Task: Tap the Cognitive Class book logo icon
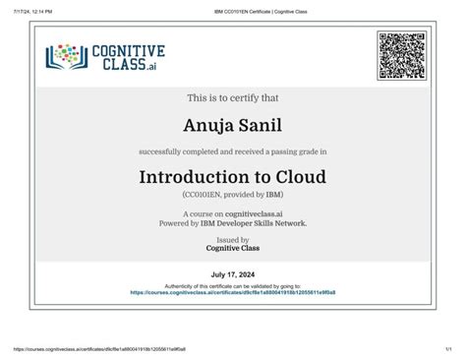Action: [66, 58]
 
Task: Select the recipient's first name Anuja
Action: [208, 125]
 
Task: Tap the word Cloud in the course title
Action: [299, 178]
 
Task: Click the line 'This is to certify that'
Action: [233, 97]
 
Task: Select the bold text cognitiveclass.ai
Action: [260, 213]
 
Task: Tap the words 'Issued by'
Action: [233, 240]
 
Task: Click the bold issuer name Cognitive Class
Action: [233, 249]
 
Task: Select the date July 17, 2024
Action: [233, 274]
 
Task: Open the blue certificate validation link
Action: [233, 292]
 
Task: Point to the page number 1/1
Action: [447, 348]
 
